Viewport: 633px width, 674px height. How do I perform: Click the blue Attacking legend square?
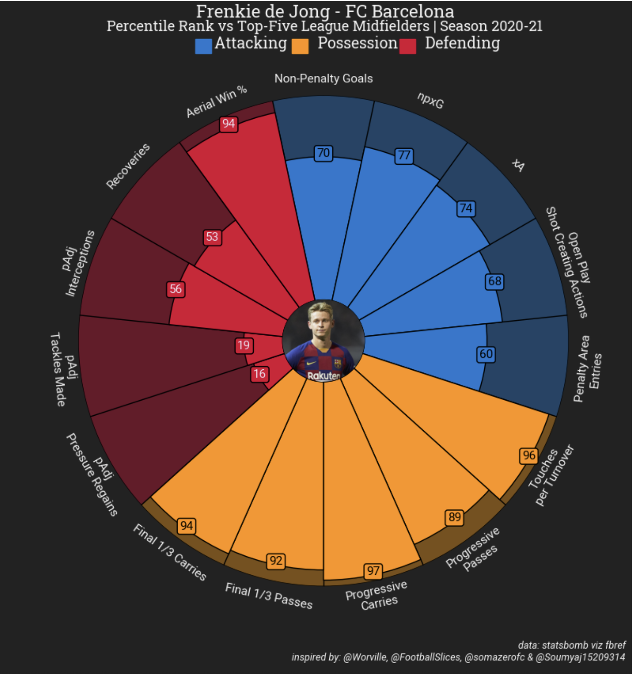(203, 46)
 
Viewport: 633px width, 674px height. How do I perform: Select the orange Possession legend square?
(300, 46)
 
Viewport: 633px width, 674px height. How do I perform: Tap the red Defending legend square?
(407, 46)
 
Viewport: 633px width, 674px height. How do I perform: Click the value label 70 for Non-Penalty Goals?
(323, 153)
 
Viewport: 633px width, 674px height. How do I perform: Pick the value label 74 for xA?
(466, 209)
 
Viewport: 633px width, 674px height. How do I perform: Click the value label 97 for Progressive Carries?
(373, 571)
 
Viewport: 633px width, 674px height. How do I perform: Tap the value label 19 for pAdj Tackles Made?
(244, 346)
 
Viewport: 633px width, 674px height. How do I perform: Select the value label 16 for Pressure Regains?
(259, 374)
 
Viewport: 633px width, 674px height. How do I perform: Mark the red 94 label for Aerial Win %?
(228, 124)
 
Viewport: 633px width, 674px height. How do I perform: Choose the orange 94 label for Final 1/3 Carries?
(186, 526)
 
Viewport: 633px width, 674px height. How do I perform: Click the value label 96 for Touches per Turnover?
(529, 456)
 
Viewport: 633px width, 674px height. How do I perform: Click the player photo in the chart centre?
(323, 341)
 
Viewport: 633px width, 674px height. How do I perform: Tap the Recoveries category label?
(128, 166)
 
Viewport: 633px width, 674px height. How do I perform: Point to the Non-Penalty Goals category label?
(323, 79)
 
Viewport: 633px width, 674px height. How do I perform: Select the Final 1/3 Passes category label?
(269, 596)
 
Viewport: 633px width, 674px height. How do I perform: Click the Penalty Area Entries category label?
(588, 369)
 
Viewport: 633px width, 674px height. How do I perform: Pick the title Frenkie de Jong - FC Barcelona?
(325, 11)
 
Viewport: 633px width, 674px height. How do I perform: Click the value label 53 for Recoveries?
(212, 237)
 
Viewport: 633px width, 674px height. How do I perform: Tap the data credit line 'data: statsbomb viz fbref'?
(572, 645)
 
